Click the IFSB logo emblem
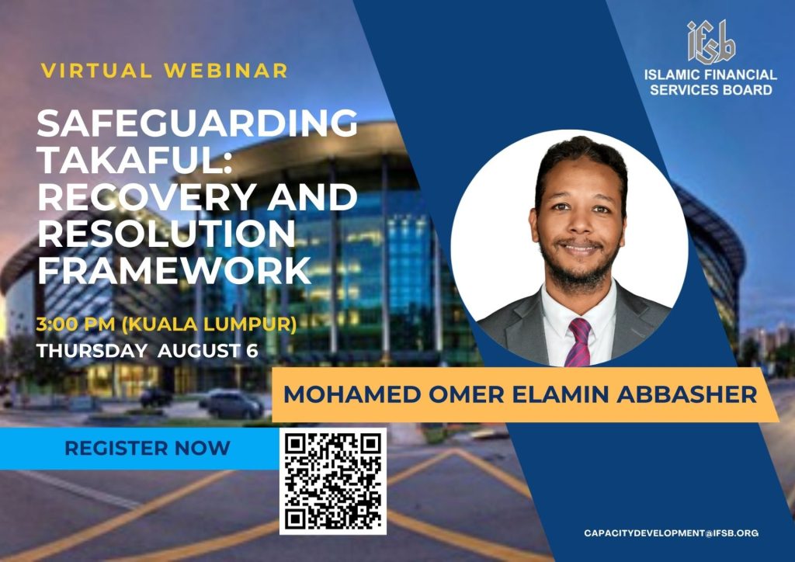click(x=711, y=42)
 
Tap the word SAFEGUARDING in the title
click(x=197, y=123)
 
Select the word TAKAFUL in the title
click(x=134, y=160)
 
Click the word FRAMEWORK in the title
click(x=174, y=270)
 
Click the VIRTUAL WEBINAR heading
click(x=165, y=71)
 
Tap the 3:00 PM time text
click(x=75, y=324)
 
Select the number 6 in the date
click(x=252, y=351)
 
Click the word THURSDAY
click(x=92, y=351)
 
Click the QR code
click(x=333, y=481)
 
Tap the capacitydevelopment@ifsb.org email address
click(x=671, y=533)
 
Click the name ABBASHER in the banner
click(x=687, y=395)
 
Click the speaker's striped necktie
click(x=578, y=342)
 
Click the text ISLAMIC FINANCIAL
click(x=710, y=75)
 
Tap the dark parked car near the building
click(x=231, y=404)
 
